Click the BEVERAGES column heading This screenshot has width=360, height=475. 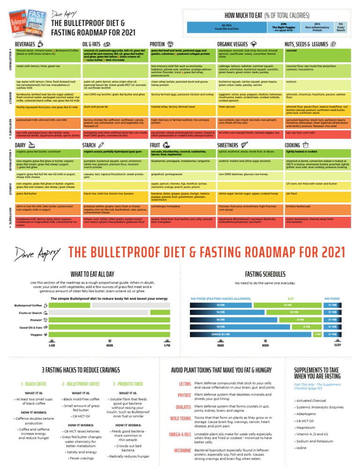[x=25, y=45]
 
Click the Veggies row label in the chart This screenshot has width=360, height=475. [x=36, y=335]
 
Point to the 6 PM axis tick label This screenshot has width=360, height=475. [x=167, y=345]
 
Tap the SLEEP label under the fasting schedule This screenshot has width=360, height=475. [x=337, y=345]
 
